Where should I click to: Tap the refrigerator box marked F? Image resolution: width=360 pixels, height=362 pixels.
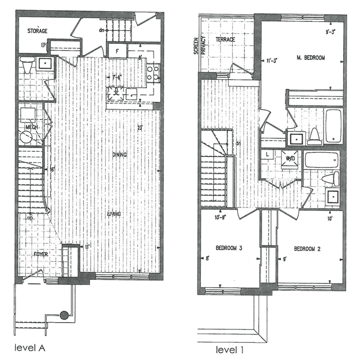pyautogui.click(x=117, y=51)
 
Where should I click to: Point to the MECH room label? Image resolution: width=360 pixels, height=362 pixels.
pyautogui.click(x=31, y=128)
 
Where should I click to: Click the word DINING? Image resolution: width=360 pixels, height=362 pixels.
pyautogui.click(x=119, y=155)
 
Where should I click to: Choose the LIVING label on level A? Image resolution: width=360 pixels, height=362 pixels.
pyautogui.click(x=115, y=214)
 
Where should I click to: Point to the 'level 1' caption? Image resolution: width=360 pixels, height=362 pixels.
pyautogui.click(x=218, y=349)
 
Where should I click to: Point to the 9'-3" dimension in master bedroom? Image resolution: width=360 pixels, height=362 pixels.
pyautogui.click(x=332, y=32)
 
